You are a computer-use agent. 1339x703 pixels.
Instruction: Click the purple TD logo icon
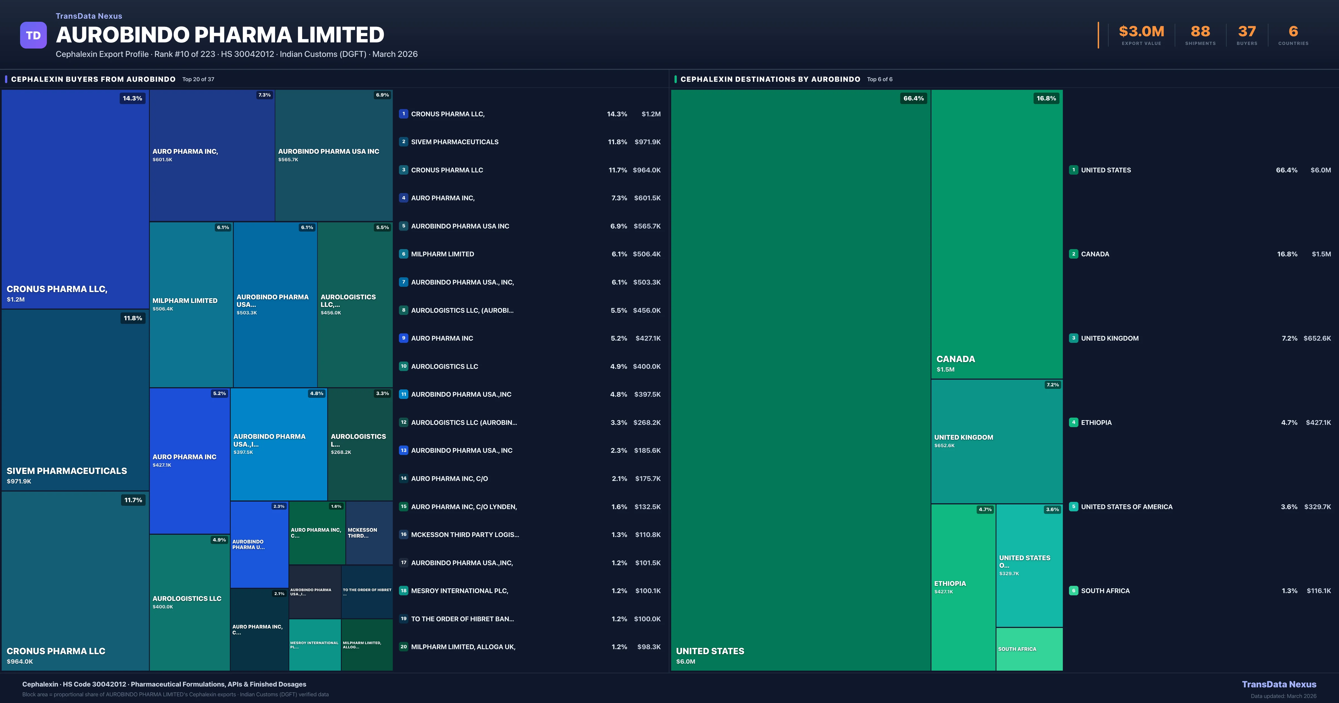pyautogui.click(x=33, y=35)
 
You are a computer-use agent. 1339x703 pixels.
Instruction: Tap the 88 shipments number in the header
pyautogui.click(x=1200, y=32)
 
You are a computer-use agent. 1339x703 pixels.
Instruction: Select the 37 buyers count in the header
pyautogui.click(x=1246, y=32)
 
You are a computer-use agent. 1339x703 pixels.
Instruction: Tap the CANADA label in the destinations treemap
pyautogui.click(x=955, y=359)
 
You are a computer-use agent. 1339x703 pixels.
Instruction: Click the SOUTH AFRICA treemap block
pyautogui.click(x=1029, y=649)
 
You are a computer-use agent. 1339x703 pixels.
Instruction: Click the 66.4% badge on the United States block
pyautogui.click(x=913, y=98)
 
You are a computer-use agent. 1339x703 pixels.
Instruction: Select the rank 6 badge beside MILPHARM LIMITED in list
pyautogui.click(x=403, y=254)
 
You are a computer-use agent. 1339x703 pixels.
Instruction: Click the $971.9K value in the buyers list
pyautogui.click(x=647, y=142)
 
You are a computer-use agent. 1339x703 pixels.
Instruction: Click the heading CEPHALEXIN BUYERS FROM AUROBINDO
pyautogui.click(x=93, y=79)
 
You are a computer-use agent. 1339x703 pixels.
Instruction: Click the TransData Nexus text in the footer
pyautogui.click(x=1279, y=684)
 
